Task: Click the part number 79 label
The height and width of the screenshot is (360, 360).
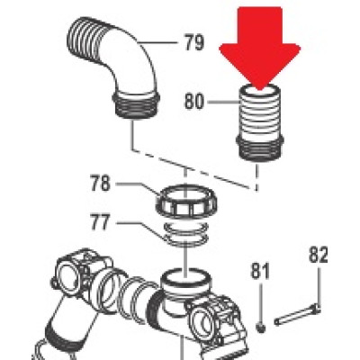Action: tap(193, 42)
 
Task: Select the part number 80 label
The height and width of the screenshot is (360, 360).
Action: tap(194, 101)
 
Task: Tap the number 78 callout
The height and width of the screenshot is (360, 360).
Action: tap(101, 183)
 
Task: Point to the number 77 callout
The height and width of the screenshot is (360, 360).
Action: tap(101, 222)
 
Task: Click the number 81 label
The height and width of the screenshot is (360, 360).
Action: tap(260, 271)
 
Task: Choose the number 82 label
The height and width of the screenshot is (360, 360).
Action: tap(319, 255)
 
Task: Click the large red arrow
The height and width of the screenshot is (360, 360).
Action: tap(260, 48)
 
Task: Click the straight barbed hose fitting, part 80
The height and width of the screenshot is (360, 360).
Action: tap(260, 123)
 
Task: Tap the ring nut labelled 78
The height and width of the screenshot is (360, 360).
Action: tap(186, 201)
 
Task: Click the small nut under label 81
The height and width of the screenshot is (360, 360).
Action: tap(261, 327)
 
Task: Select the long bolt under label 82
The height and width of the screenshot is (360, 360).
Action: tap(297, 315)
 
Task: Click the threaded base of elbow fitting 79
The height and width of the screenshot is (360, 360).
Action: tap(136, 106)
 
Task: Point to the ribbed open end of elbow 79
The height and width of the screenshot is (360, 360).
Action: tap(81, 38)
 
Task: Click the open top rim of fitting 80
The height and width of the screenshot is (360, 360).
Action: tap(260, 89)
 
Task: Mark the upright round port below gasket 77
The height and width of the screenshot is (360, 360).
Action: tap(186, 282)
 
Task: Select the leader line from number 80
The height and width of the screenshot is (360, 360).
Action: tap(224, 103)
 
